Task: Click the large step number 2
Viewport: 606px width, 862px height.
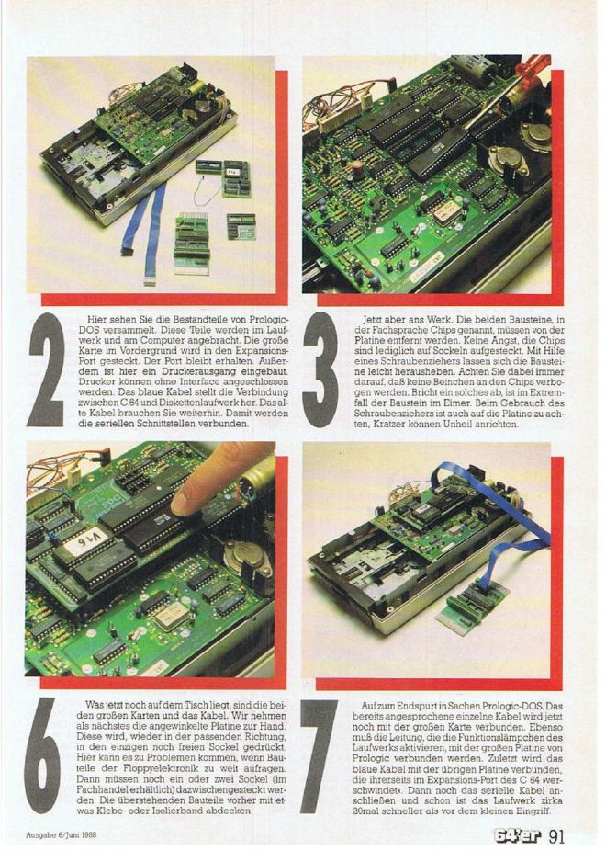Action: pos(46,370)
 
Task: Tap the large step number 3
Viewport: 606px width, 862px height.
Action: pos(321,370)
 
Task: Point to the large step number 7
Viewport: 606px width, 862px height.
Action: pos(319,756)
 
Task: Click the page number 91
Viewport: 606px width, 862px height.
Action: pos(555,836)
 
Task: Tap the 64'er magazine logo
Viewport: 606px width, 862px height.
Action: pos(518,836)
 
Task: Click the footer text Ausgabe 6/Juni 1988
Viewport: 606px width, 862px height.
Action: pos(62,834)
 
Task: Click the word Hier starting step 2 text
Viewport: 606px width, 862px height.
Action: pos(97,319)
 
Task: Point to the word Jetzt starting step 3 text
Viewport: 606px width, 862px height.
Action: pos(374,319)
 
